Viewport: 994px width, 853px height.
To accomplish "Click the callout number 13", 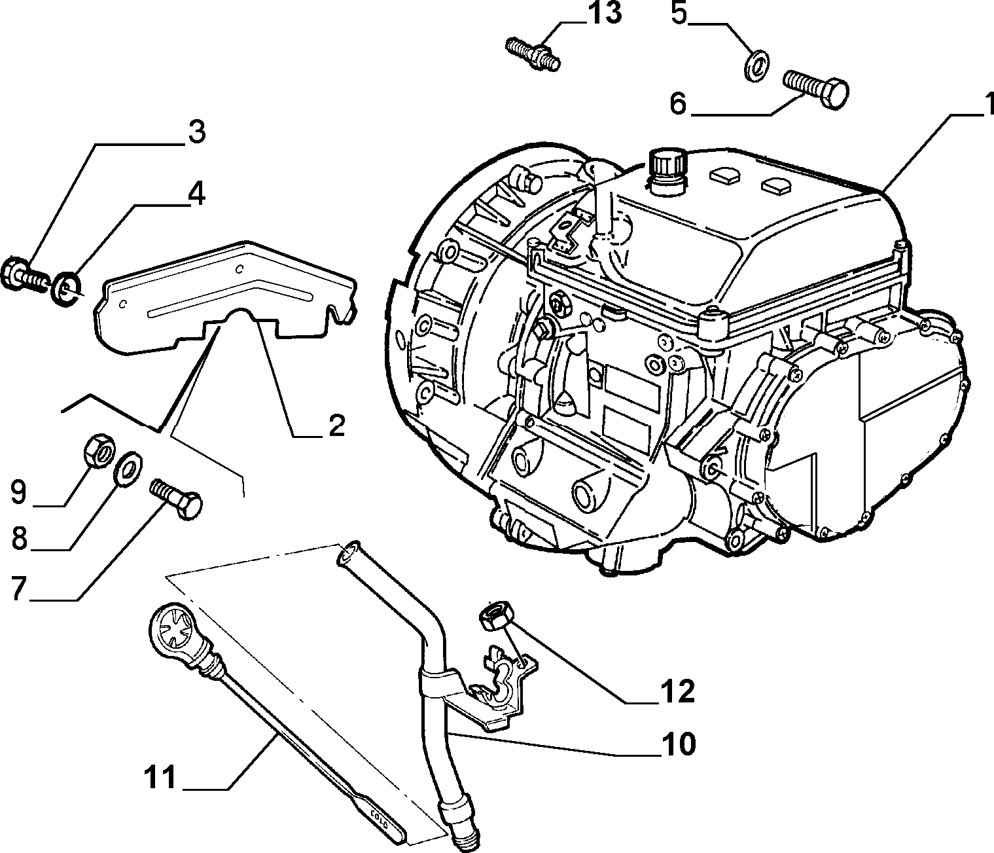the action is pos(605,14).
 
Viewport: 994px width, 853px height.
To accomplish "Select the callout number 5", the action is pos(679,14).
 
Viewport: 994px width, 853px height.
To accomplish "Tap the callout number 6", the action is pos(678,104).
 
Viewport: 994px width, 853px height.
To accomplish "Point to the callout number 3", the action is pos(197,132).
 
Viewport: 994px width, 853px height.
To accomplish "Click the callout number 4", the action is pos(196,194).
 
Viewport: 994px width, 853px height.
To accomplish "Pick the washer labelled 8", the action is pos(128,469).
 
